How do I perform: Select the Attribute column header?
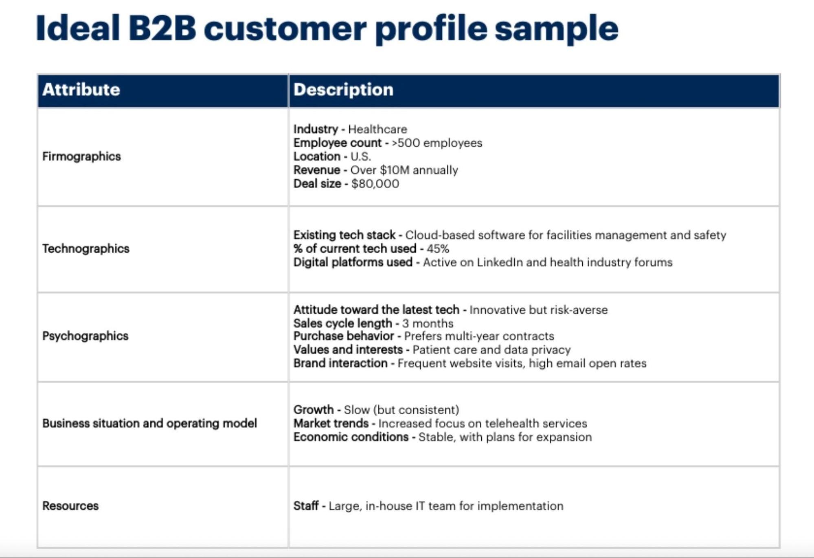81,90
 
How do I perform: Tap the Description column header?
343,90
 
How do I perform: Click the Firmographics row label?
81,156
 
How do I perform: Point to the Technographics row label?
86,248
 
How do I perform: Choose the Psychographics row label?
85,336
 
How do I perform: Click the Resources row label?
70,506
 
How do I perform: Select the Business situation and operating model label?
149,424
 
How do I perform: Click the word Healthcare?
377,129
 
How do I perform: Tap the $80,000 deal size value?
375,184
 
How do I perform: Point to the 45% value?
438,248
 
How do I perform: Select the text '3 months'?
428,323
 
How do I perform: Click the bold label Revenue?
316,170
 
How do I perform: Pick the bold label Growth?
313,410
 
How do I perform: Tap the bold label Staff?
306,506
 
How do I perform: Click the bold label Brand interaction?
340,363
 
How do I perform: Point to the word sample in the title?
557,29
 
